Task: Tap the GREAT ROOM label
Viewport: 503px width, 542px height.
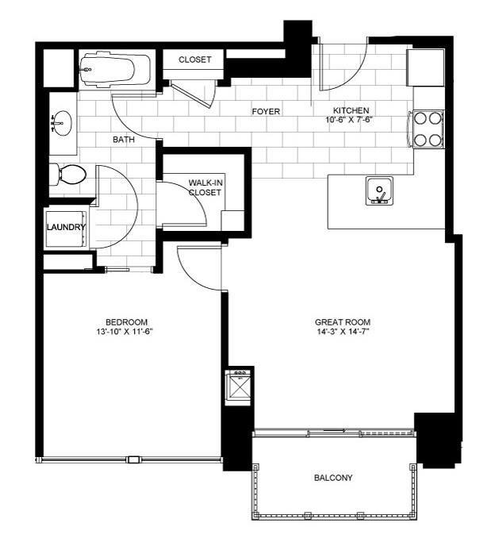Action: (x=343, y=322)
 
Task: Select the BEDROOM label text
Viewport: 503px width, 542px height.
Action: (x=121, y=321)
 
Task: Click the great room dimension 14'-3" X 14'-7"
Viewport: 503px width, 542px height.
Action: (x=343, y=333)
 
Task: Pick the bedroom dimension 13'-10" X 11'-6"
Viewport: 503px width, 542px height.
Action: (x=121, y=333)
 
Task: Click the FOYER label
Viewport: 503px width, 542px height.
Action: (x=266, y=112)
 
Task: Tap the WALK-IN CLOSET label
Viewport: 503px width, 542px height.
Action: (x=204, y=187)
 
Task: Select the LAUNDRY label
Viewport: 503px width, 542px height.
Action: (x=66, y=228)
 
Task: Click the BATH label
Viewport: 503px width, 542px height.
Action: (x=124, y=140)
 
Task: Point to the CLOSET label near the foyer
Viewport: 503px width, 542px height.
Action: (x=194, y=60)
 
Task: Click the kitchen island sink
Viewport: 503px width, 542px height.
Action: (x=379, y=191)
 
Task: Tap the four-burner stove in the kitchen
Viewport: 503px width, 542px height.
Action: (x=428, y=129)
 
